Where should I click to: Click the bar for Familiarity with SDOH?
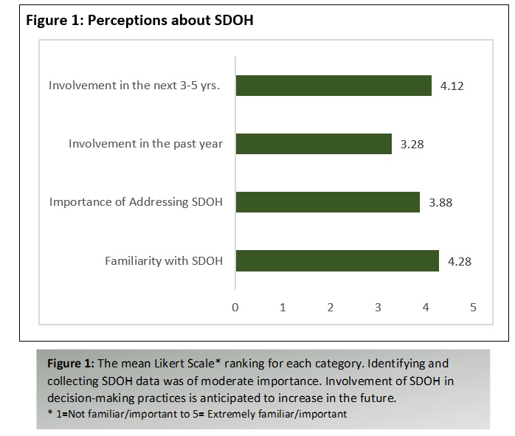click(337, 260)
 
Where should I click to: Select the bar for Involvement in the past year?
click(314, 144)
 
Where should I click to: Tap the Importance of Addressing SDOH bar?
click(328, 202)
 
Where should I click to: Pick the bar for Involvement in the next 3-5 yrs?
click(333, 86)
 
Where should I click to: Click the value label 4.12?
click(452, 86)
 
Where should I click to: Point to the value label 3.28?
click(412, 145)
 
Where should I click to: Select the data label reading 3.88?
click(440, 203)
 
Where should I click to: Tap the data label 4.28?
click(460, 262)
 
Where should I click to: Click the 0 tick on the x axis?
click(235, 308)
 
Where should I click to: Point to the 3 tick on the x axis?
click(378, 308)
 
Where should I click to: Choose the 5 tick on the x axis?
click(473, 308)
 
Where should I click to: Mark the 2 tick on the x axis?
click(331, 308)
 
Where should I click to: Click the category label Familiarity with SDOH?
click(164, 261)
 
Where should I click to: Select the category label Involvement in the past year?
click(145, 144)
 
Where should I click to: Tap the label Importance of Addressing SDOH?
click(136, 202)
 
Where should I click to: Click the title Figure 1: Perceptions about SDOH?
click(139, 21)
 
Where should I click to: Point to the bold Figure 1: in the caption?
click(71, 364)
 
